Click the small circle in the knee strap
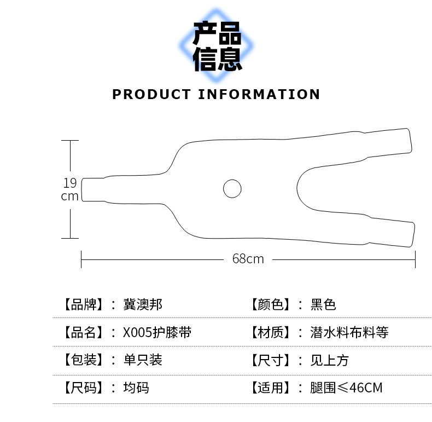232,188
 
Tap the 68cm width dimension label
248,258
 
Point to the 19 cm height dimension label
70,189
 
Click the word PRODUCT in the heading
151,94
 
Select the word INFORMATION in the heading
259,94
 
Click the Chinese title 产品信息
217,47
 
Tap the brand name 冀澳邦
143,304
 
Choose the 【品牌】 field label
83,304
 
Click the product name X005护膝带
157,332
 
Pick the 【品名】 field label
83,332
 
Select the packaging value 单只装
143,360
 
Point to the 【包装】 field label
83,360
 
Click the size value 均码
136,388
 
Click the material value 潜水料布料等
349,332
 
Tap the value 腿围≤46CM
346,388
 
